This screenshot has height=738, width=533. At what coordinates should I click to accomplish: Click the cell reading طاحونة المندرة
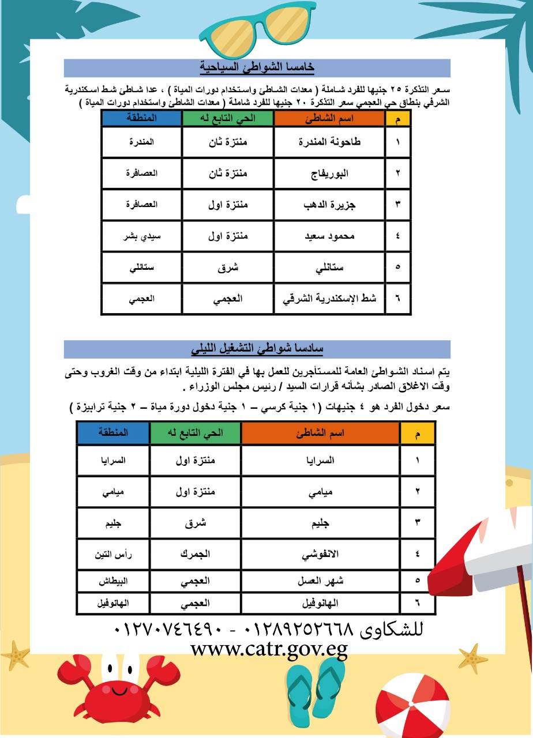point(329,142)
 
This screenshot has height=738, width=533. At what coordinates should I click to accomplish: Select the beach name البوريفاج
point(329,173)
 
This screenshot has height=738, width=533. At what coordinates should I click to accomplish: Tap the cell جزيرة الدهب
point(329,204)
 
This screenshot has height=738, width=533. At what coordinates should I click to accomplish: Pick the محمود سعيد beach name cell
point(329,236)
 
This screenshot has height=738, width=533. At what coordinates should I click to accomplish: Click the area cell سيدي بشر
point(142,236)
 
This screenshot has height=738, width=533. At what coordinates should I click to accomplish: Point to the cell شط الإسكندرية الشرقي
point(329,299)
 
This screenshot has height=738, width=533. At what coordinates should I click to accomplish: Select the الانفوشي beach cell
point(320,555)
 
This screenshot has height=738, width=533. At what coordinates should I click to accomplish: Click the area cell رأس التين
point(113,555)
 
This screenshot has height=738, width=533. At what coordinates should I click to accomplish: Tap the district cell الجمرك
point(196,555)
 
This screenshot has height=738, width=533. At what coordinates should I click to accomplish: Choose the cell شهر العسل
point(320,581)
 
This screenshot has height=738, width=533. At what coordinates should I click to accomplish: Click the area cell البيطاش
point(113,581)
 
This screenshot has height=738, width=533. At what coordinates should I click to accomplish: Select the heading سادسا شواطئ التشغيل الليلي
point(257,349)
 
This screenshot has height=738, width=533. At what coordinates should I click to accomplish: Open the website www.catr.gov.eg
point(269,650)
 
